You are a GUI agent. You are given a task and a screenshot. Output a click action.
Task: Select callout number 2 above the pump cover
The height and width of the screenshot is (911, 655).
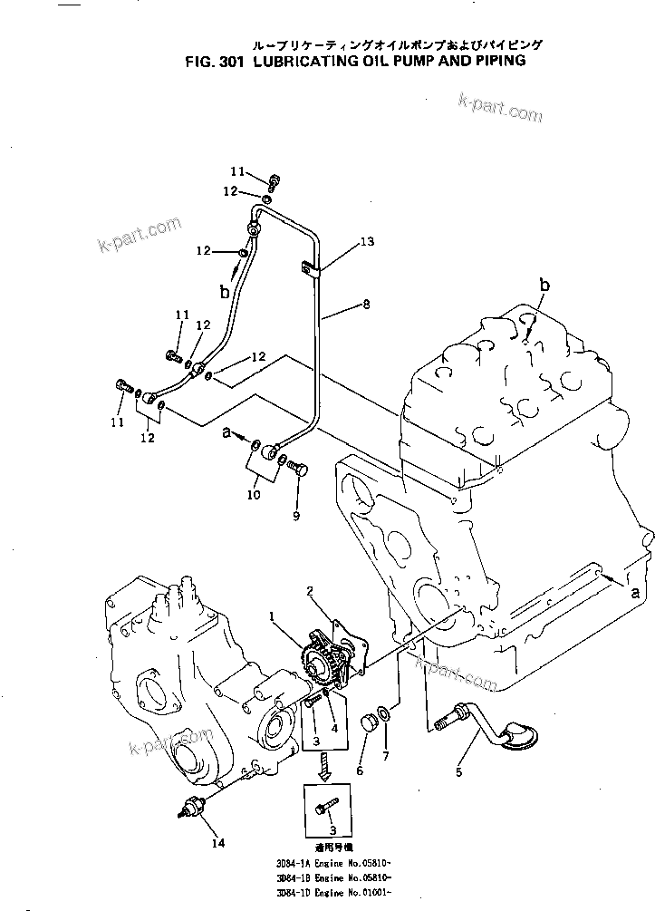tap(310, 591)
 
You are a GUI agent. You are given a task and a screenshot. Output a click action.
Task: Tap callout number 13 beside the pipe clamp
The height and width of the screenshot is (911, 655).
tap(366, 242)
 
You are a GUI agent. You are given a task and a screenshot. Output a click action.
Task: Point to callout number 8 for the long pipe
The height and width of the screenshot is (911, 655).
tap(366, 306)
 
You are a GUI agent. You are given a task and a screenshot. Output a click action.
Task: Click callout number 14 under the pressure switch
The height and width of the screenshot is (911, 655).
tap(217, 843)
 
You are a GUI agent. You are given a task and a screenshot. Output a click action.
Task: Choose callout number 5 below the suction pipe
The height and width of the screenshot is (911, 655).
tap(458, 772)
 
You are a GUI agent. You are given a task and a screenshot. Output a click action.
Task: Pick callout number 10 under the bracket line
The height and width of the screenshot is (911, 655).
tap(254, 495)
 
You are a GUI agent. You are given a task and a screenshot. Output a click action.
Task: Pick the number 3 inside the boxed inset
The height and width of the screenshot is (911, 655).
tap(332, 829)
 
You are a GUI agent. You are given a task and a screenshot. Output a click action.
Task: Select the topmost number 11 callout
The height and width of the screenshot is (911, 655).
tap(236, 171)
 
